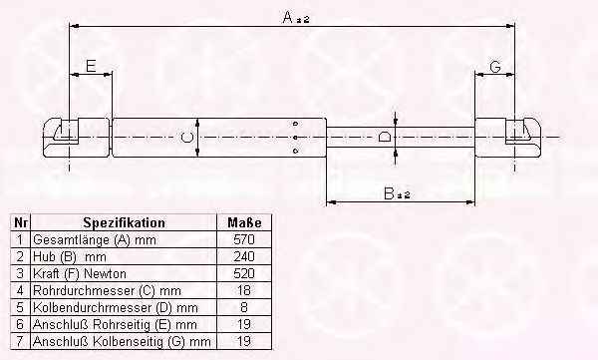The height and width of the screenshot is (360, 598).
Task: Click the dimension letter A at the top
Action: click(288, 17)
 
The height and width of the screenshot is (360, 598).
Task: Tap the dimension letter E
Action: click(91, 66)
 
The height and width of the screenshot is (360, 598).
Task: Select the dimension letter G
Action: click(495, 67)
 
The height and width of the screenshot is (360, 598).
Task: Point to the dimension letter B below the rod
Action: click(390, 193)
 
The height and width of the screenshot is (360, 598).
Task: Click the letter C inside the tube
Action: click(187, 137)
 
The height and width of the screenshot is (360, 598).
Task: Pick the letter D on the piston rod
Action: click(384, 137)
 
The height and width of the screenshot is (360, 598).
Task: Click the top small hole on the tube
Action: click(296, 124)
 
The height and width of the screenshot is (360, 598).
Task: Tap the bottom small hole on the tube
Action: click(296, 152)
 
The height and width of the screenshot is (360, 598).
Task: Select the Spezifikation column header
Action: click(125, 223)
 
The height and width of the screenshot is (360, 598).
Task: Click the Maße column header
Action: click(244, 223)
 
